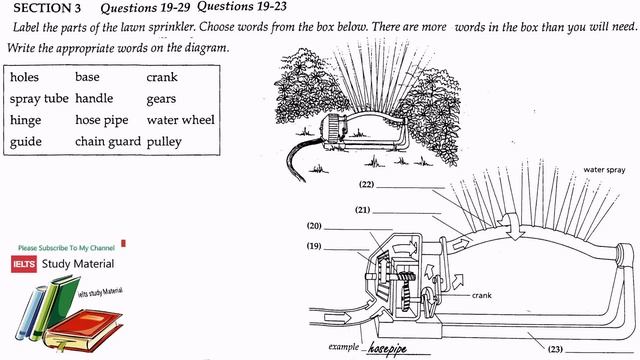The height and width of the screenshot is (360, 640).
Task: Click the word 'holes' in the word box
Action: pos(27,76)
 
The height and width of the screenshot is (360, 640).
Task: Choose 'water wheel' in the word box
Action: pos(180,120)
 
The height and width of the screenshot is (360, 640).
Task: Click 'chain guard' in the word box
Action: pos(106,142)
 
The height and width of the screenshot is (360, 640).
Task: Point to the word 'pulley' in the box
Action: pos(163,142)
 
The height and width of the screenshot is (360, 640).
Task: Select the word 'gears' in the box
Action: pos(160,99)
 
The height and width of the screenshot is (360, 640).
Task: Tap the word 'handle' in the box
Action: pos(94,99)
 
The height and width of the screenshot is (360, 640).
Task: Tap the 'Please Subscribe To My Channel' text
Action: pos(66,247)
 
